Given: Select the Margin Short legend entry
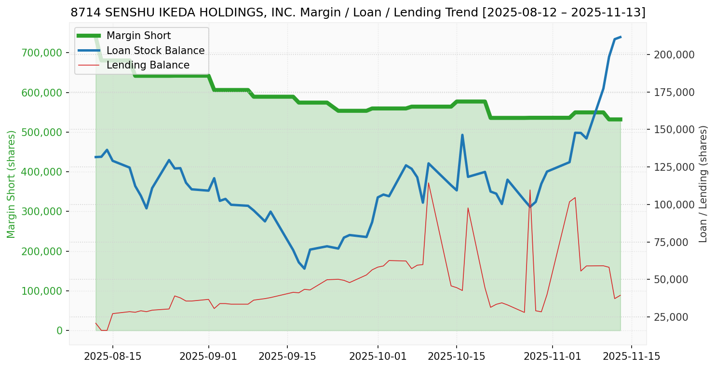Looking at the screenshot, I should point(138,36).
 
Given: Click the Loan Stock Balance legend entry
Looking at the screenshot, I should point(155,51).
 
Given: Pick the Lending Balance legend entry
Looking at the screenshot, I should point(148,65).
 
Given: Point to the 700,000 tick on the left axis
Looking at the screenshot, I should point(43,53).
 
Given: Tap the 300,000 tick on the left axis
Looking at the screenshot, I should point(43,212).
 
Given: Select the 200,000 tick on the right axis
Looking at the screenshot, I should point(674,55).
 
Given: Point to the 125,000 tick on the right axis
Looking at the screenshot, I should point(674,167).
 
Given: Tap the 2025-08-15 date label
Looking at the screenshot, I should point(113,356).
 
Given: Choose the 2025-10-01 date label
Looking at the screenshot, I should point(378,356).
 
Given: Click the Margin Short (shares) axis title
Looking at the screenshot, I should point(12,184).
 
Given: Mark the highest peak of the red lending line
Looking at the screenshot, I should point(429,182).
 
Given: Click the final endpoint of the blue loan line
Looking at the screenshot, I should point(621,37).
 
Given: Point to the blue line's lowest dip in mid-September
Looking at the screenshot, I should point(304,269).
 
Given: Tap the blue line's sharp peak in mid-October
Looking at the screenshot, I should point(462,135).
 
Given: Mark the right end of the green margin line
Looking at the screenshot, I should point(621,119).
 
